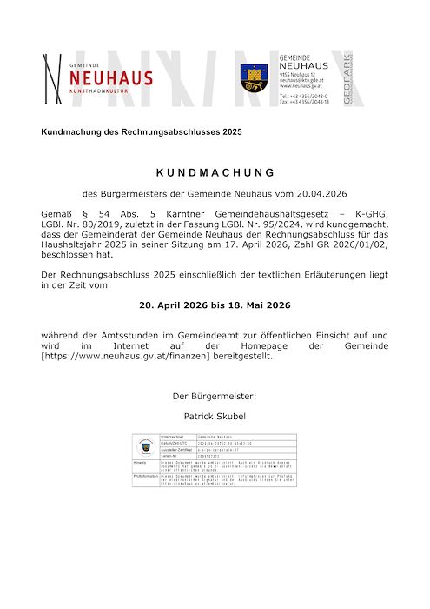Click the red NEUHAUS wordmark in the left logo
[x=110, y=78]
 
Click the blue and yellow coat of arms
[x=254, y=78]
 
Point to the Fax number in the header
[x=304, y=101]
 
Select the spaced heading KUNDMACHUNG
[x=215, y=172]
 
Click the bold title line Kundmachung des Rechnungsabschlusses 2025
[x=142, y=131]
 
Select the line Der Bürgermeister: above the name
[x=215, y=397]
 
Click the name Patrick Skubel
[x=215, y=418]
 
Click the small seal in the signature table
[x=146, y=446]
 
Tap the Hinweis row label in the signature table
[x=141, y=464]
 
